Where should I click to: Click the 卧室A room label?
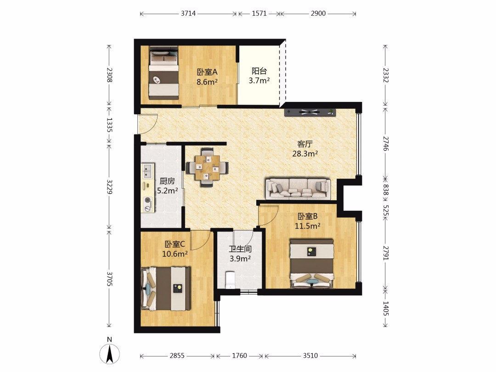[x=207, y=72]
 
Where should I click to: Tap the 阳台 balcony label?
[x=259, y=71]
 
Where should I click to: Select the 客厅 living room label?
[x=305, y=144]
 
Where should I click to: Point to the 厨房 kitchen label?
[x=167, y=181]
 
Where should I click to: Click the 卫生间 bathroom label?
[x=240, y=249]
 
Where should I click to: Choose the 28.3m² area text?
[x=305, y=154]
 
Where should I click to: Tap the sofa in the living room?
[x=298, y=189]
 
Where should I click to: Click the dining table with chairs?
[x=208, y=167]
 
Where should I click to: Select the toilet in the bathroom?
[x=231, y=280]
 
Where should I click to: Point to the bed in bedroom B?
[x=312, y=264]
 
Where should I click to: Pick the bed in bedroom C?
[x=165, y=288]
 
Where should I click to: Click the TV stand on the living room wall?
[x=310, y=112]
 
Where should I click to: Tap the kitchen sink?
[x=147, y=171]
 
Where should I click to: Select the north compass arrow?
[x=109, y=353]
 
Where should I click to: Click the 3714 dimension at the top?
[x=188, y=14]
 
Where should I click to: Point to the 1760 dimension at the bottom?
[x=239, y=356]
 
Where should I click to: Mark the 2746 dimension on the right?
[x=385, y=143]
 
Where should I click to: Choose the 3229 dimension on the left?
[x=109, y=186]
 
